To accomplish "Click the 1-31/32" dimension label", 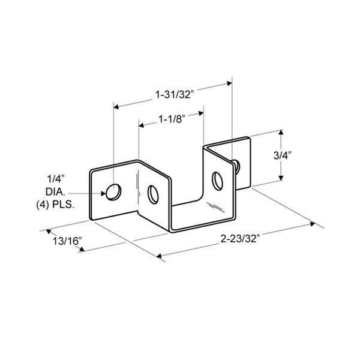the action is pos(175,95).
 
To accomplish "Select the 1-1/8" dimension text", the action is pos(172,119).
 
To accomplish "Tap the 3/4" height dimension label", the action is pos(282,155).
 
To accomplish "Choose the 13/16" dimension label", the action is pos(67,241).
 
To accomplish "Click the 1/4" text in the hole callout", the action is pos(56,179).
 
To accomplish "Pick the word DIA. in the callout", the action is pos(56,192).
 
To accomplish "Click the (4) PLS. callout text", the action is pos(55,205).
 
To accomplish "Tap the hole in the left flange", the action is pos(113,192).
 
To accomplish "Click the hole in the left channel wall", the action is pos(153,194).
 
